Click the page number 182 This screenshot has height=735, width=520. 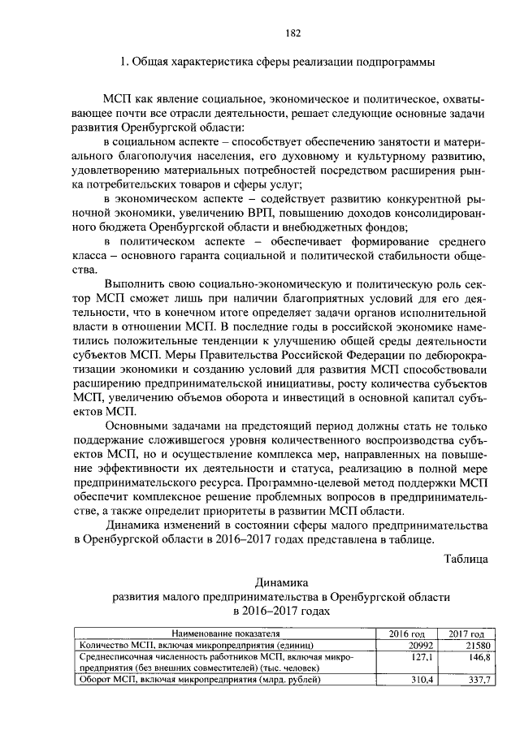pyautogui.click(x=293, y=33)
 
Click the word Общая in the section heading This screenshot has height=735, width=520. pyautogui.click(x=153, y=62)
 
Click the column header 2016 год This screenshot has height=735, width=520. pyautogui.click(x=407, y=633)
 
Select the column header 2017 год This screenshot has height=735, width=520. pyautogui.click(x=465, y=633)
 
